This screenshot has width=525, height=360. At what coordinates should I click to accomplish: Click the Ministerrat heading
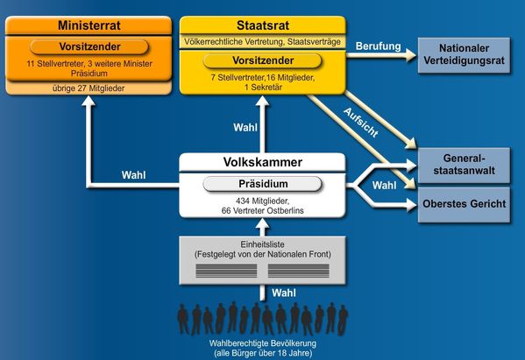(89, 25)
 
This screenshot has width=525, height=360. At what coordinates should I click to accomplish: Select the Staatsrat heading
(263, 25)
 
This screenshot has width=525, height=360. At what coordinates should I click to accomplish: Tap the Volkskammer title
(263, 162)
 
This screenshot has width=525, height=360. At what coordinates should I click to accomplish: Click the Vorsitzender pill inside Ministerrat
(89, 46)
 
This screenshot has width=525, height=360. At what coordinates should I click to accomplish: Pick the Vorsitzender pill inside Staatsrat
(263, 60)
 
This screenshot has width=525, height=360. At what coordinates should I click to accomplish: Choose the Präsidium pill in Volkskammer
(263, 184)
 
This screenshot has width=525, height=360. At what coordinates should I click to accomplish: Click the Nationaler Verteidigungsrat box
(464, 55)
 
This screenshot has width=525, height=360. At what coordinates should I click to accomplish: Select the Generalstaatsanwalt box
(464, 165)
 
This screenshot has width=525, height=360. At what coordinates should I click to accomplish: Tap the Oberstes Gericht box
(464, 204)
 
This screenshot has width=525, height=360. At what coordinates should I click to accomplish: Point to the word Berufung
(378, 46)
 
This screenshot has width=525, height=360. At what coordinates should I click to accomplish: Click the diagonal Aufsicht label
(361, 123)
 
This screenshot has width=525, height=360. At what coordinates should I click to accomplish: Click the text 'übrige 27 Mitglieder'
(89, 88)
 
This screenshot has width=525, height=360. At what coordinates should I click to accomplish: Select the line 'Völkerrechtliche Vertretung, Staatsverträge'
(263, 42)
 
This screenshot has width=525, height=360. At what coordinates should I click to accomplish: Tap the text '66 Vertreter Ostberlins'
(263, 211)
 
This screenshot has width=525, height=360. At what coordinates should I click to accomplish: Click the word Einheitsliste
(263, 244)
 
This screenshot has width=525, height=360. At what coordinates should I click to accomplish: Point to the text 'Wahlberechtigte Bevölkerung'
(263, 343)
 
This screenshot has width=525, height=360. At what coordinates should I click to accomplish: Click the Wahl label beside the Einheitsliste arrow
(284, 293)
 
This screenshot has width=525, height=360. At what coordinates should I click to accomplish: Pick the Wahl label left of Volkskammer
(133, 175)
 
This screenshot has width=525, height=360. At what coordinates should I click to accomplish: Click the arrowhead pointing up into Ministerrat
(89, 101)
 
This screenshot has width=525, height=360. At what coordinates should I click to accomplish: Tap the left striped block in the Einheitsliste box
(226, 271)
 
